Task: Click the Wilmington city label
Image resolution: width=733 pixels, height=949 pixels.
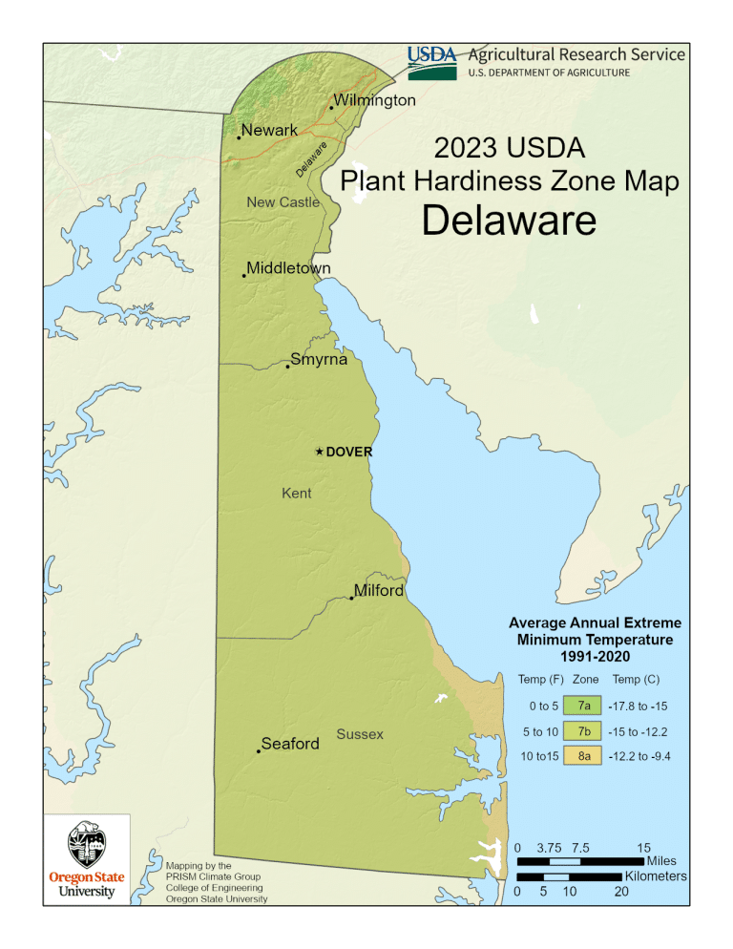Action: (374, 100)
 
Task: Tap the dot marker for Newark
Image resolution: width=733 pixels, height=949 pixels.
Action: (239, 138)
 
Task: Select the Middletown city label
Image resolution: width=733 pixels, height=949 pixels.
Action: (288, 268)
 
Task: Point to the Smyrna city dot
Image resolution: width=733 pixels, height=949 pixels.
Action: (287, 366)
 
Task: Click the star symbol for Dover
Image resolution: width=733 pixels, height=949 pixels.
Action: (320, 452)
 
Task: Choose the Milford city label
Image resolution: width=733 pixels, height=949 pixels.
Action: (379, 591)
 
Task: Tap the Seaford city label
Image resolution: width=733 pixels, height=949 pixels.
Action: (290, 744)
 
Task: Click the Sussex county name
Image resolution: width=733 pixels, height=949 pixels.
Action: (360, 734)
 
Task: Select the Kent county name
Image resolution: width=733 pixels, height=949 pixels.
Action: (297, 494)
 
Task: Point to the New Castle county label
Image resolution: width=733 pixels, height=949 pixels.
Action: (283, 201)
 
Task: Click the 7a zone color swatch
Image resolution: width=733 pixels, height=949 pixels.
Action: (582, 706)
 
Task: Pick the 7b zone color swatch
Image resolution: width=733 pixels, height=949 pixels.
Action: (582, 731)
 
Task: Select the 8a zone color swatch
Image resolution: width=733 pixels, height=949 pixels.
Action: (582, 756)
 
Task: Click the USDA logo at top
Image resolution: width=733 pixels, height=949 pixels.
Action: (432, 59)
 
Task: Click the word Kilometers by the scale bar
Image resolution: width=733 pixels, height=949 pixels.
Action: (656, 875)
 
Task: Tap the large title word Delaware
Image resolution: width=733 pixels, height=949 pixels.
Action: (509, 221)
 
